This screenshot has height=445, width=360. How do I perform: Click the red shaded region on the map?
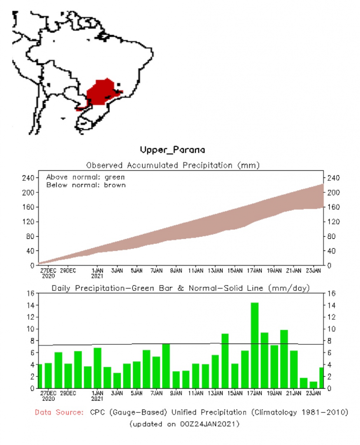click(x=101, y=92)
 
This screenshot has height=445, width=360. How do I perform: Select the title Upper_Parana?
click(x=172, y=150)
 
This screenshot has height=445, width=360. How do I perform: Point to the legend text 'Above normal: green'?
click(x=86, y=177)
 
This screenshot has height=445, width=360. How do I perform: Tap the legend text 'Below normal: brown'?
click(x=86, y=185)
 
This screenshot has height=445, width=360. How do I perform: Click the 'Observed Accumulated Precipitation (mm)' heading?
click(x=173, y=166)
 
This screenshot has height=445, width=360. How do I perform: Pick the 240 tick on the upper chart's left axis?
click(x=29, y=178)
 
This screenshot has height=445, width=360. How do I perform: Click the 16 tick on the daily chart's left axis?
click(x=31, y=293)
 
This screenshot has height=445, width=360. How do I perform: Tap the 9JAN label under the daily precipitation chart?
click(x=176, y=394)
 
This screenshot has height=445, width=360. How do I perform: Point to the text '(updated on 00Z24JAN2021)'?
click(x=184, y=423)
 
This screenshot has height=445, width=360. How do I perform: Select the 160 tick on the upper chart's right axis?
click(x=332, y=207)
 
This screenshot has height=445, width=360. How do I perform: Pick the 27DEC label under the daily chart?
click(x=48, y=394)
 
